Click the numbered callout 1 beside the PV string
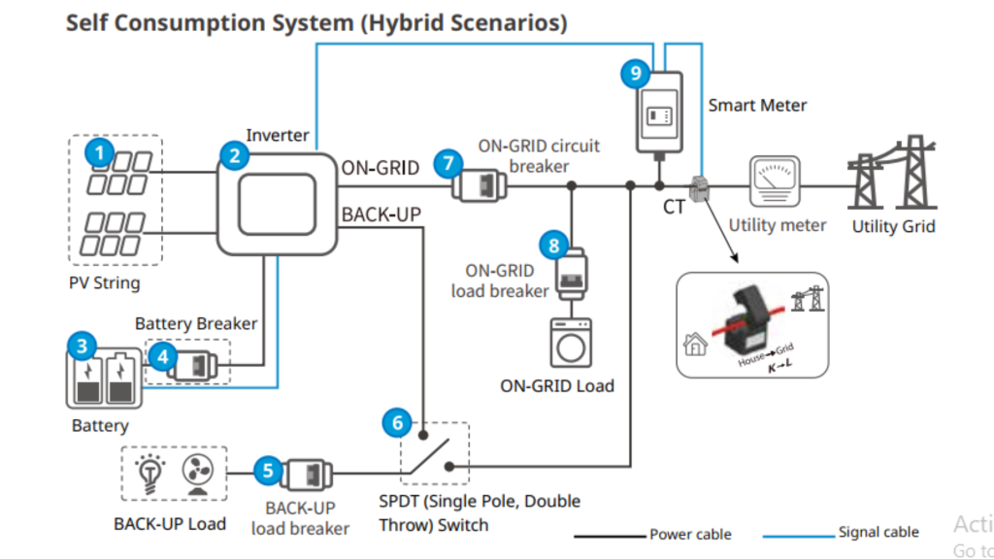[98, 151]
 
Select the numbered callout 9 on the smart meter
[635, 73]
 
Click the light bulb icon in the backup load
[150, 473]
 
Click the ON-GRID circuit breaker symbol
[480, 184]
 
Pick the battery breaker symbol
[201, 365]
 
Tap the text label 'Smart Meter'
[757, 105]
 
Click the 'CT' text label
[674, 207]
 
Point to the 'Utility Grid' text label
[893, 226]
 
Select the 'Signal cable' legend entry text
[878, 532]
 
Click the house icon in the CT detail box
[696, 344]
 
